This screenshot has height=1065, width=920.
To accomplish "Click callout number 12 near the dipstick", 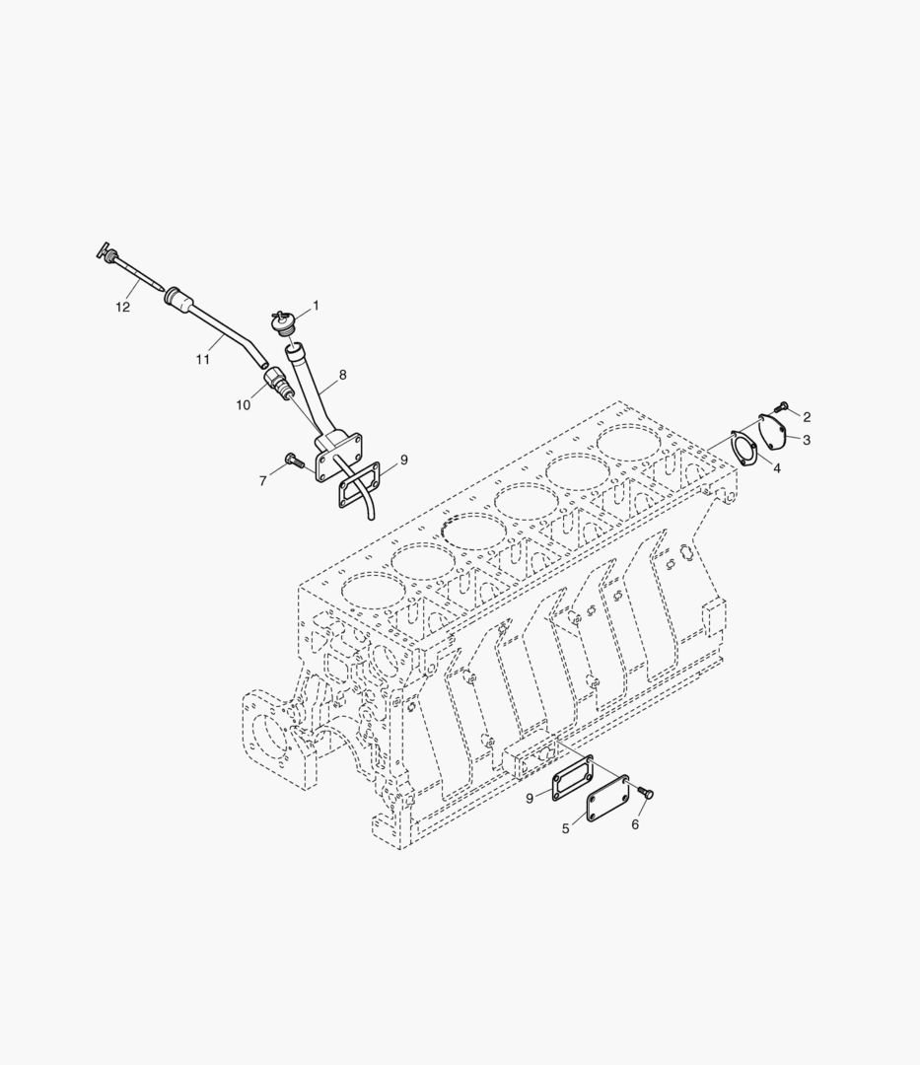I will pos(122,308).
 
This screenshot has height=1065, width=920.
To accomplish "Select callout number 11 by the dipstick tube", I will pos(202,360).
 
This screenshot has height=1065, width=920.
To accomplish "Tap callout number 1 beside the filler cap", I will pos(316,306).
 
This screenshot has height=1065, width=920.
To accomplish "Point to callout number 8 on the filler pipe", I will pos(342,375).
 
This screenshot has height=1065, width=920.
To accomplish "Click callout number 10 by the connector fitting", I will pos(244,406).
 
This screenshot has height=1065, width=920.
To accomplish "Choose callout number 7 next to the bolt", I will pos(262,481).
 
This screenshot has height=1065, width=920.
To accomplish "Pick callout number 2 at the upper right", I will pos(807,417).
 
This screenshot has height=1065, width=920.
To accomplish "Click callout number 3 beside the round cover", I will pos(807,440).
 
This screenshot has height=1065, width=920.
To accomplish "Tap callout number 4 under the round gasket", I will pos(777,468).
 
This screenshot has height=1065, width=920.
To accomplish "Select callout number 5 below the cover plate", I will pos(566,829).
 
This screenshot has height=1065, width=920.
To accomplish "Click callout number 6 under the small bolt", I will pos(635,824).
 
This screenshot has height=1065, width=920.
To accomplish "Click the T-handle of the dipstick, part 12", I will pos(104,252).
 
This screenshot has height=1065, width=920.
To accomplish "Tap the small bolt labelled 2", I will pos(782,405).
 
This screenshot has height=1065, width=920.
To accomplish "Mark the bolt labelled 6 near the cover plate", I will pos(647,792).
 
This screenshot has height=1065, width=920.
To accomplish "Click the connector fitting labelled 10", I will pos(279,385).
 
